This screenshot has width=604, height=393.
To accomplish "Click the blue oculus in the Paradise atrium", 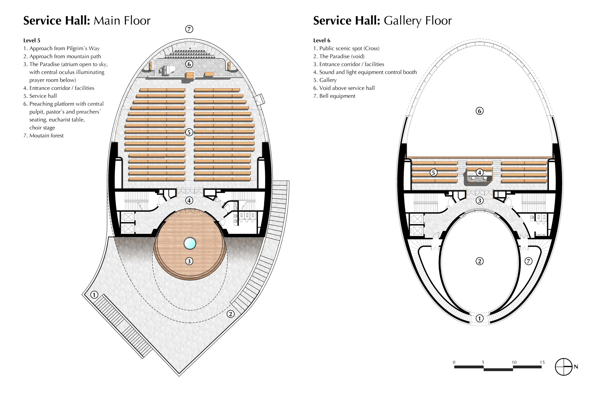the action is click(x=190, y=243).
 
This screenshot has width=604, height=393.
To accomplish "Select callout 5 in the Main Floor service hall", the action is click(x=189, y=132).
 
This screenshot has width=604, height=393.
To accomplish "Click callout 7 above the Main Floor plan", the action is click(x=189, y=29).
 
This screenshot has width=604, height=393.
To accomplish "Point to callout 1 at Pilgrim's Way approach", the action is click(x=94, y=295).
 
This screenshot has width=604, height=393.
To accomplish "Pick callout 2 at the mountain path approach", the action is click(x=230, y=314).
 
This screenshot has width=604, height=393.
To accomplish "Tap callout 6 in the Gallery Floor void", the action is click(x=480, y=111).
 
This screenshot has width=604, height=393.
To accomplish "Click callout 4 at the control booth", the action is click(x=480, y=173).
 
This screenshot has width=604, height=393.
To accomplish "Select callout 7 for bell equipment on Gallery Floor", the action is click(x=528, y=261).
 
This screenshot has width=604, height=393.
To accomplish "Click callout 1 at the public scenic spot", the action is click(x=480, y=318).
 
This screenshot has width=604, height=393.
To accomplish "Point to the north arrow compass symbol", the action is click(x=564, y=367).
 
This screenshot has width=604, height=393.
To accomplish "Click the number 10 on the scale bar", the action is click(x=514, y=362).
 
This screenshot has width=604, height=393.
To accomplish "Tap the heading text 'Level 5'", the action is click(x=32, y=40).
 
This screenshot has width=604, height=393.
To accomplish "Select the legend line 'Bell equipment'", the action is click(x=334, y=96).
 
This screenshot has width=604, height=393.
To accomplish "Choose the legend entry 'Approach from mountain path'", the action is click(x=62, y=56).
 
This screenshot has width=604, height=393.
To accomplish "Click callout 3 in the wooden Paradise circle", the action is click(x=189, y=261).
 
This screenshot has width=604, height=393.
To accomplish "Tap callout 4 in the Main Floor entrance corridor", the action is click(x=189, y=200).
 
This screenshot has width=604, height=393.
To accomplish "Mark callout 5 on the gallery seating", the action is click(x=433, y=173).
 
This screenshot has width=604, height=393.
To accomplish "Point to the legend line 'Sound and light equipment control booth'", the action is click(x=365, y=72).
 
